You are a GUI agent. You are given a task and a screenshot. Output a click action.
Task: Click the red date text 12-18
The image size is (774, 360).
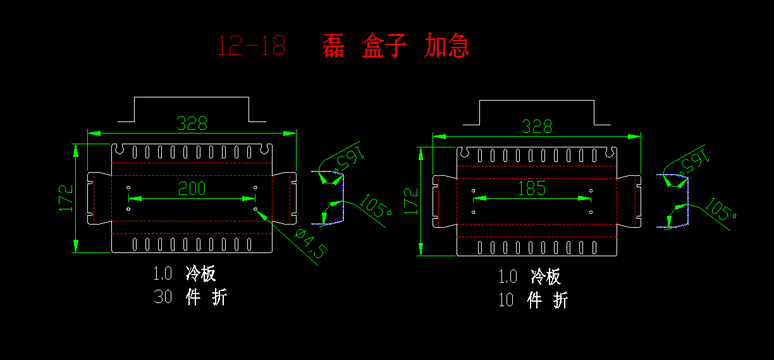tap(251, 46)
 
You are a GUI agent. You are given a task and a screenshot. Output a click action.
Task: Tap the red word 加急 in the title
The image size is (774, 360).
tap(447, 46)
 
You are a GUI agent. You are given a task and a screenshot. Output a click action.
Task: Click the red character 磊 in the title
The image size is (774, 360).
tap(333, 46)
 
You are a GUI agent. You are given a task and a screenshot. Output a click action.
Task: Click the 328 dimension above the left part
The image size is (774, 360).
tap(192, 123)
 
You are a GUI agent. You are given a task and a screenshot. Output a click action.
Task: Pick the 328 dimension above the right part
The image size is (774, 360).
tap(536, 127)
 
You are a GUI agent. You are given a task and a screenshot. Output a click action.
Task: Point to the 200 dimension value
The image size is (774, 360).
tap(192, 188)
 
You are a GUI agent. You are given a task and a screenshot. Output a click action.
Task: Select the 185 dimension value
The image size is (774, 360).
tap(531, 188)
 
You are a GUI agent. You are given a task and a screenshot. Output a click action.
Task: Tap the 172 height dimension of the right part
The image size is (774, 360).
tap(412, 201)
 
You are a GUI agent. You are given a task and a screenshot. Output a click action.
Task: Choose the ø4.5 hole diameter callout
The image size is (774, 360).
tap(310, 244)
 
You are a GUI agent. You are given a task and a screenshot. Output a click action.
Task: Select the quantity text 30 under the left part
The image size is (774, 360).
tap(163, 297)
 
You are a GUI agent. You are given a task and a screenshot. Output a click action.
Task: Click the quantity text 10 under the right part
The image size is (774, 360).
tap(506, 300)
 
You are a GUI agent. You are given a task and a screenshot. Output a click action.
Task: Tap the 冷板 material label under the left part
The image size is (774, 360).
tap(201, 273)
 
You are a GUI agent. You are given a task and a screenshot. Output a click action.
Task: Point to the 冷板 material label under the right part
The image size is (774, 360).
tap(546, 276)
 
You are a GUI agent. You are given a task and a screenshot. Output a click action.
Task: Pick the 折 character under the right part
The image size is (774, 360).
tap(560, 300)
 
